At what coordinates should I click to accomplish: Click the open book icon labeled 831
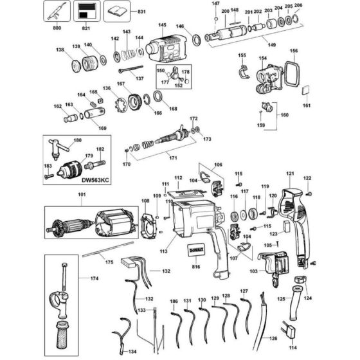117,11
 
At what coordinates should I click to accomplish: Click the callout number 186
174,301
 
